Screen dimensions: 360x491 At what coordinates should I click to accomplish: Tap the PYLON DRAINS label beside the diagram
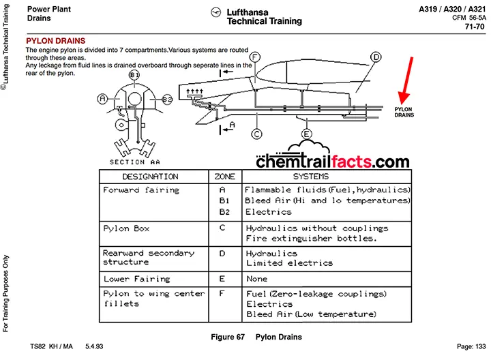(404, 112)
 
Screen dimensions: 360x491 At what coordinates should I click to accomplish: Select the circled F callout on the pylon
(254, 56)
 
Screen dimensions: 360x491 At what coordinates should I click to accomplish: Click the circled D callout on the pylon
(376, 57)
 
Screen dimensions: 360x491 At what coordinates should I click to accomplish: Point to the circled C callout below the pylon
(256, 134)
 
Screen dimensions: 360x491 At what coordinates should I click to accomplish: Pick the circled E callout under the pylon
(307, 134)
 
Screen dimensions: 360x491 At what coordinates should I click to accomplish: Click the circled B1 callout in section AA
(134, 75)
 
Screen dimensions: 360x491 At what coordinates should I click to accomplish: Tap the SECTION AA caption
(136, 162)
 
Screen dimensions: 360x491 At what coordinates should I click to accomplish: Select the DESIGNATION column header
(150, 177)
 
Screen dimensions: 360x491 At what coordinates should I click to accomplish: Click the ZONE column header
(224, 177)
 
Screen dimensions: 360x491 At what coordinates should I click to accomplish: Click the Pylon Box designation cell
(126, 228)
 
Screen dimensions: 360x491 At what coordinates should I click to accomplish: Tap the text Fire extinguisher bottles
(309, 239)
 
